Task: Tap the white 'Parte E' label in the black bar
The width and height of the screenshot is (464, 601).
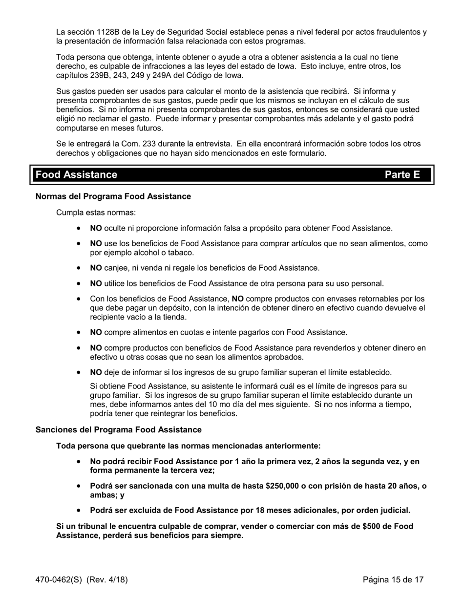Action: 402,175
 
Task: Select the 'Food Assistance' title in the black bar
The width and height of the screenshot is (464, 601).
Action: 76,175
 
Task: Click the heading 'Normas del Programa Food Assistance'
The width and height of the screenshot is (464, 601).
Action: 113,196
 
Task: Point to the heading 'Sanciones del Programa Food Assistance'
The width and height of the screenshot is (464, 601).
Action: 118,430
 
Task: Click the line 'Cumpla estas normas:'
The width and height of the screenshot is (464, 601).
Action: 96,213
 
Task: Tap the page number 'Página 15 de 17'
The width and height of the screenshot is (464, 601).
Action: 393,580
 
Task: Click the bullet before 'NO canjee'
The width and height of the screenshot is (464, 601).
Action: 79,268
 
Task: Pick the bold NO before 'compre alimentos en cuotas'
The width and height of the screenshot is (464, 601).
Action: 96,333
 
